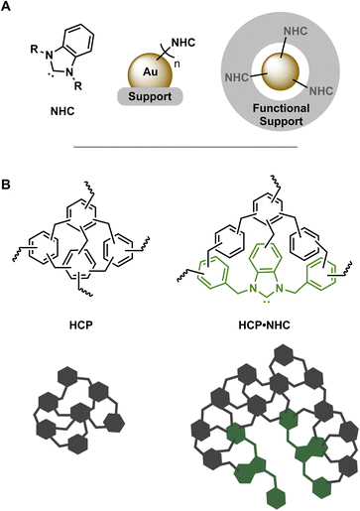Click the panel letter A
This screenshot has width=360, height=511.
pyautogui.click(x=8, y=9)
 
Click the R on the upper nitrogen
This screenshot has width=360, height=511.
pyautogui.click(x=37, y=44)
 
